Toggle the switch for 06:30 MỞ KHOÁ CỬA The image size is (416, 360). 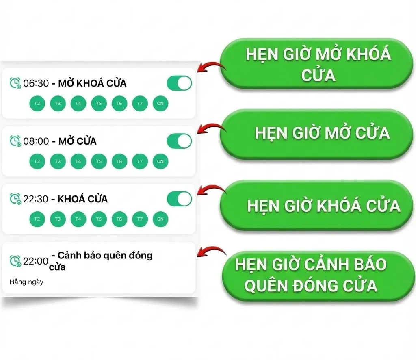coord(179,83)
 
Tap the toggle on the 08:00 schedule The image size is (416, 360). coord(179,141)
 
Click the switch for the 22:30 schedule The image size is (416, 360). coord(179,199)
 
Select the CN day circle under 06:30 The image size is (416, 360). coord(160,103)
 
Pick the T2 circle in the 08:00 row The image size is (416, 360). coord(37,161)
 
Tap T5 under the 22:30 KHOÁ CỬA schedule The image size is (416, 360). coord(99,219)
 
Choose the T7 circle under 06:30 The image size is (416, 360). coord(140,103)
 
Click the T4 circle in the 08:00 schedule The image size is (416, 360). coord(78,161)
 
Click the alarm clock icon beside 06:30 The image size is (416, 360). coord(15,83)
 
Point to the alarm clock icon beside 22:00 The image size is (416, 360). coord(15,261)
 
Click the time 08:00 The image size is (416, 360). coord(36,141)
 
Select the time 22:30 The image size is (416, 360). coord(36,199)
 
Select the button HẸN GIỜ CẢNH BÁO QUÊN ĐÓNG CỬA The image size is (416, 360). coord(313,275)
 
